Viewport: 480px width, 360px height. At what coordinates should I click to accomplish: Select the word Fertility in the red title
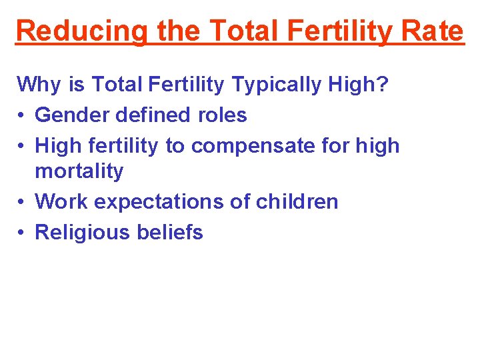pos(333,31)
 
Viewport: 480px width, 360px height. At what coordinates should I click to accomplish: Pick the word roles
pos(222,115)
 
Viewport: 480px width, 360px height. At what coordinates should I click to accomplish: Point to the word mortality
pos(79,171)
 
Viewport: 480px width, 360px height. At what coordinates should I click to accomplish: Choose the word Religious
pos(81,232)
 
